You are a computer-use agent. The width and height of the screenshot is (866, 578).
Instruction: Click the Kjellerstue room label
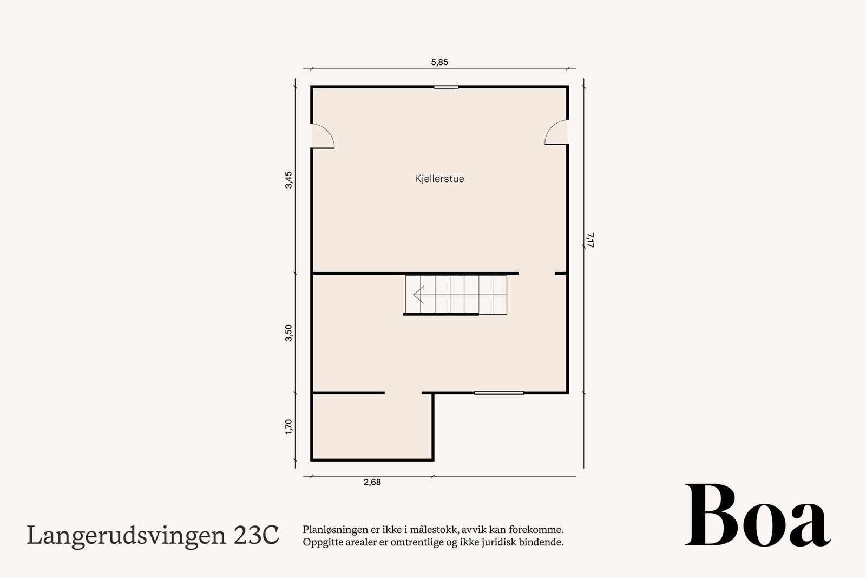[439, 179]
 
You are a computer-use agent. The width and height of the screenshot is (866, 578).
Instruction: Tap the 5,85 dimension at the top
[439, 62]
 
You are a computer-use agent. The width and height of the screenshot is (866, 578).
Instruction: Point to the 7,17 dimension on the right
[590, 240]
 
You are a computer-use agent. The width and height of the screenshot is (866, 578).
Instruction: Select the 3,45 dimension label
[289, 180]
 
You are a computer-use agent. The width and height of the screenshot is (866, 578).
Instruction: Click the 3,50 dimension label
[289, 333]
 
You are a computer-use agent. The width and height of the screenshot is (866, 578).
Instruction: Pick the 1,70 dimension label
[289, 426]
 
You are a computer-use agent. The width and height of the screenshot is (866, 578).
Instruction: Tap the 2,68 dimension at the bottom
[372, 482]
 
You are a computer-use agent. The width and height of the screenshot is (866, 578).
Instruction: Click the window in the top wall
[446, 87]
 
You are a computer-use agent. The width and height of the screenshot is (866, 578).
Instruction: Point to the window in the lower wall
[499, 393]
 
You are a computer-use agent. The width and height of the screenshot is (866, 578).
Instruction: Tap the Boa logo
[757, 516]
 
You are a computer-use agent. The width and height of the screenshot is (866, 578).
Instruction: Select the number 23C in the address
[257, 536]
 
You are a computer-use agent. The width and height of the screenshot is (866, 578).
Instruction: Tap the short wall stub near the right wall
[561, 274]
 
